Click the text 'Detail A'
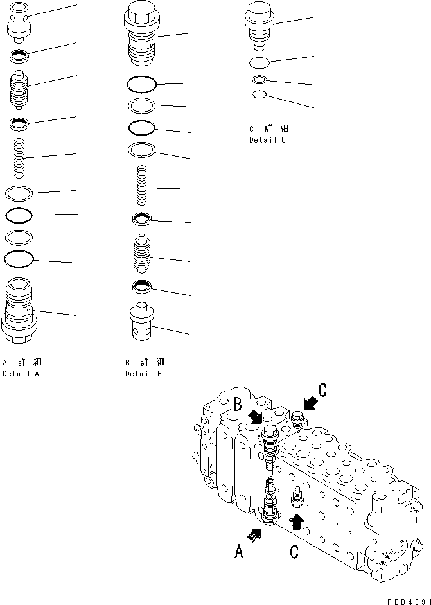(21, 373)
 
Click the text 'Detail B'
(144, 373)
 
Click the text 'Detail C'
(268, 140)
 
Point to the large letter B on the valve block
(237, 405)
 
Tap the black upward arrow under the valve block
(296, 520)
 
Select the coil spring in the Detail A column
(20, 158)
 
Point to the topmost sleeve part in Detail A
(19, 22)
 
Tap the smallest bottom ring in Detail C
(259, 95)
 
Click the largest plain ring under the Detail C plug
(259, 63)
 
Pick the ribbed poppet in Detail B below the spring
(143, 256)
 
